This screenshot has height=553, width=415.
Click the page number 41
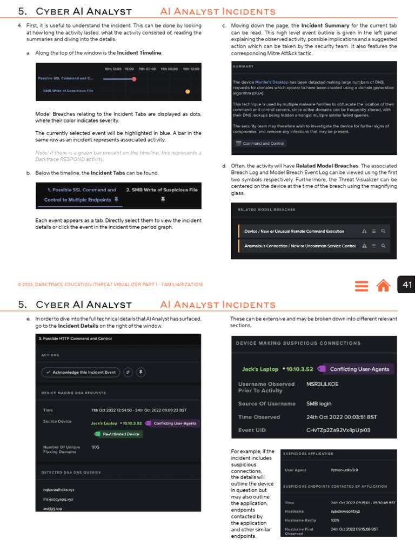[406, 285]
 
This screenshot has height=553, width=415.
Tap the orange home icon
[383, 285]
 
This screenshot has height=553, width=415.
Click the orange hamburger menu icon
[362, 285]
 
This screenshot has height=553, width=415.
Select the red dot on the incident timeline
[134, 79]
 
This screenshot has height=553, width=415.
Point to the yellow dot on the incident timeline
[188, 91]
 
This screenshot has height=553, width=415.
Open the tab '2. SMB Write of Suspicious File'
[162, 190]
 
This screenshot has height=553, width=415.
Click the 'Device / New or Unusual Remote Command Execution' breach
[294, 231]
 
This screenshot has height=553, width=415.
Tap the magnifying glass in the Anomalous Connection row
[383, 246]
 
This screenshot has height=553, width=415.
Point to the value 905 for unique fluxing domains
[96, 447]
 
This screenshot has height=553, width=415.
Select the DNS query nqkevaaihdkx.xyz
[59, 489]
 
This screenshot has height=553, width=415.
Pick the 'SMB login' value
[319, 403]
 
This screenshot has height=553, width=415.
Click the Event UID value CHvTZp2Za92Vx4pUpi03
[338, 430]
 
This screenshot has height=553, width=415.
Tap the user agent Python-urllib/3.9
[344, 470]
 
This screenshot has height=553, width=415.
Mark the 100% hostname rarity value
[335, 520]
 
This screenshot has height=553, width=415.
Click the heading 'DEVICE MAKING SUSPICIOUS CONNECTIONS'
[298, 343]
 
